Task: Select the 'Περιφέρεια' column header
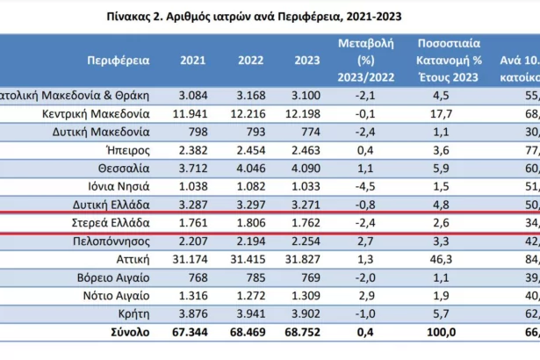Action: tap(119, 61)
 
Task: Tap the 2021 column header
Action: tap(193, 61)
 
